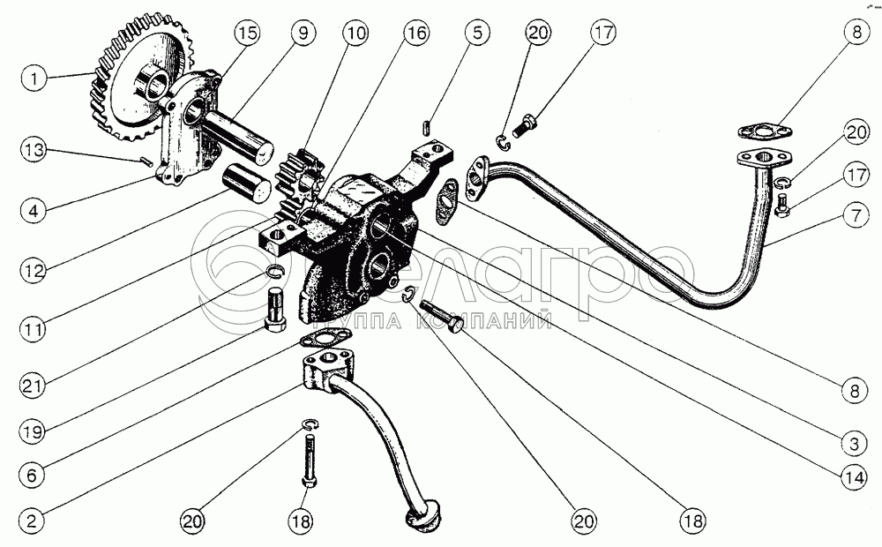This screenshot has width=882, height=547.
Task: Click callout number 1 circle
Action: [34, 79]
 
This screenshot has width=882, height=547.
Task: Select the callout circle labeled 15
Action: [248, 34]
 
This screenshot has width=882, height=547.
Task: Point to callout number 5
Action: [477, 34]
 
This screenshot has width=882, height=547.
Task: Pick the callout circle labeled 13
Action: [34, 150]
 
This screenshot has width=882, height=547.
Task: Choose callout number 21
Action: [34, 386]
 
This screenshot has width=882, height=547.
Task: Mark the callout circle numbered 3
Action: [850, 438]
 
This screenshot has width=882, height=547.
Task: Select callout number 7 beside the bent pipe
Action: [850, 213]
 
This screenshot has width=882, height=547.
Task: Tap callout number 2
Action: [34, 521]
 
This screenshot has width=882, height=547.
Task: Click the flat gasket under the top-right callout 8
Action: [762, 133]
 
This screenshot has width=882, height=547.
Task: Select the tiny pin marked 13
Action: [146, 161]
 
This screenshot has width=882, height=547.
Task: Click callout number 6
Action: [34, 474]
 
